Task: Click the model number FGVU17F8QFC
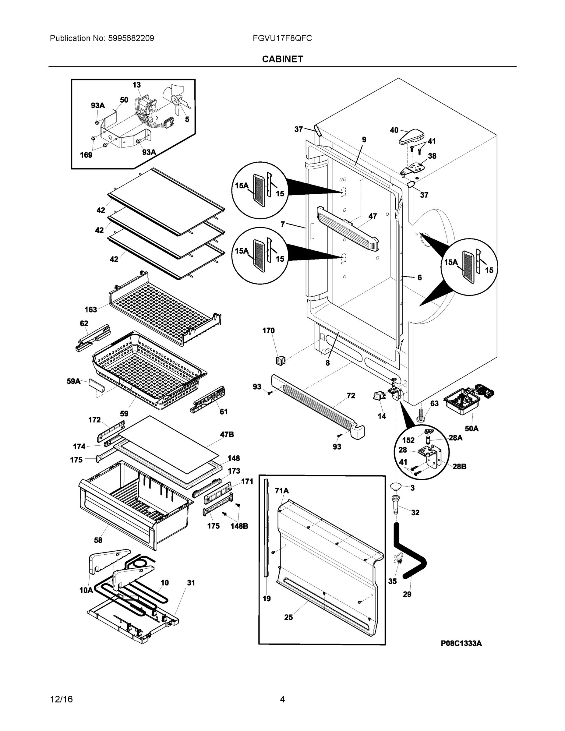tap(282, 38)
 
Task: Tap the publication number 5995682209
tap(131, 38)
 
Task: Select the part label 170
tap(268, 331)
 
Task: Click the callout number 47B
tap(227, 434)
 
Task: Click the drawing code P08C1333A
tap(461, 643)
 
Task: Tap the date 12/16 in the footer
tap(61, 699)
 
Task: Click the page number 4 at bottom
tap(282, 699)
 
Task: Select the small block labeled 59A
tap(96, 386)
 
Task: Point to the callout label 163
tap(90, 309)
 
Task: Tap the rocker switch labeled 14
tap(379, 396)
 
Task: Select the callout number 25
tap(288, 617)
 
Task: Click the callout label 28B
tap(459, 466)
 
